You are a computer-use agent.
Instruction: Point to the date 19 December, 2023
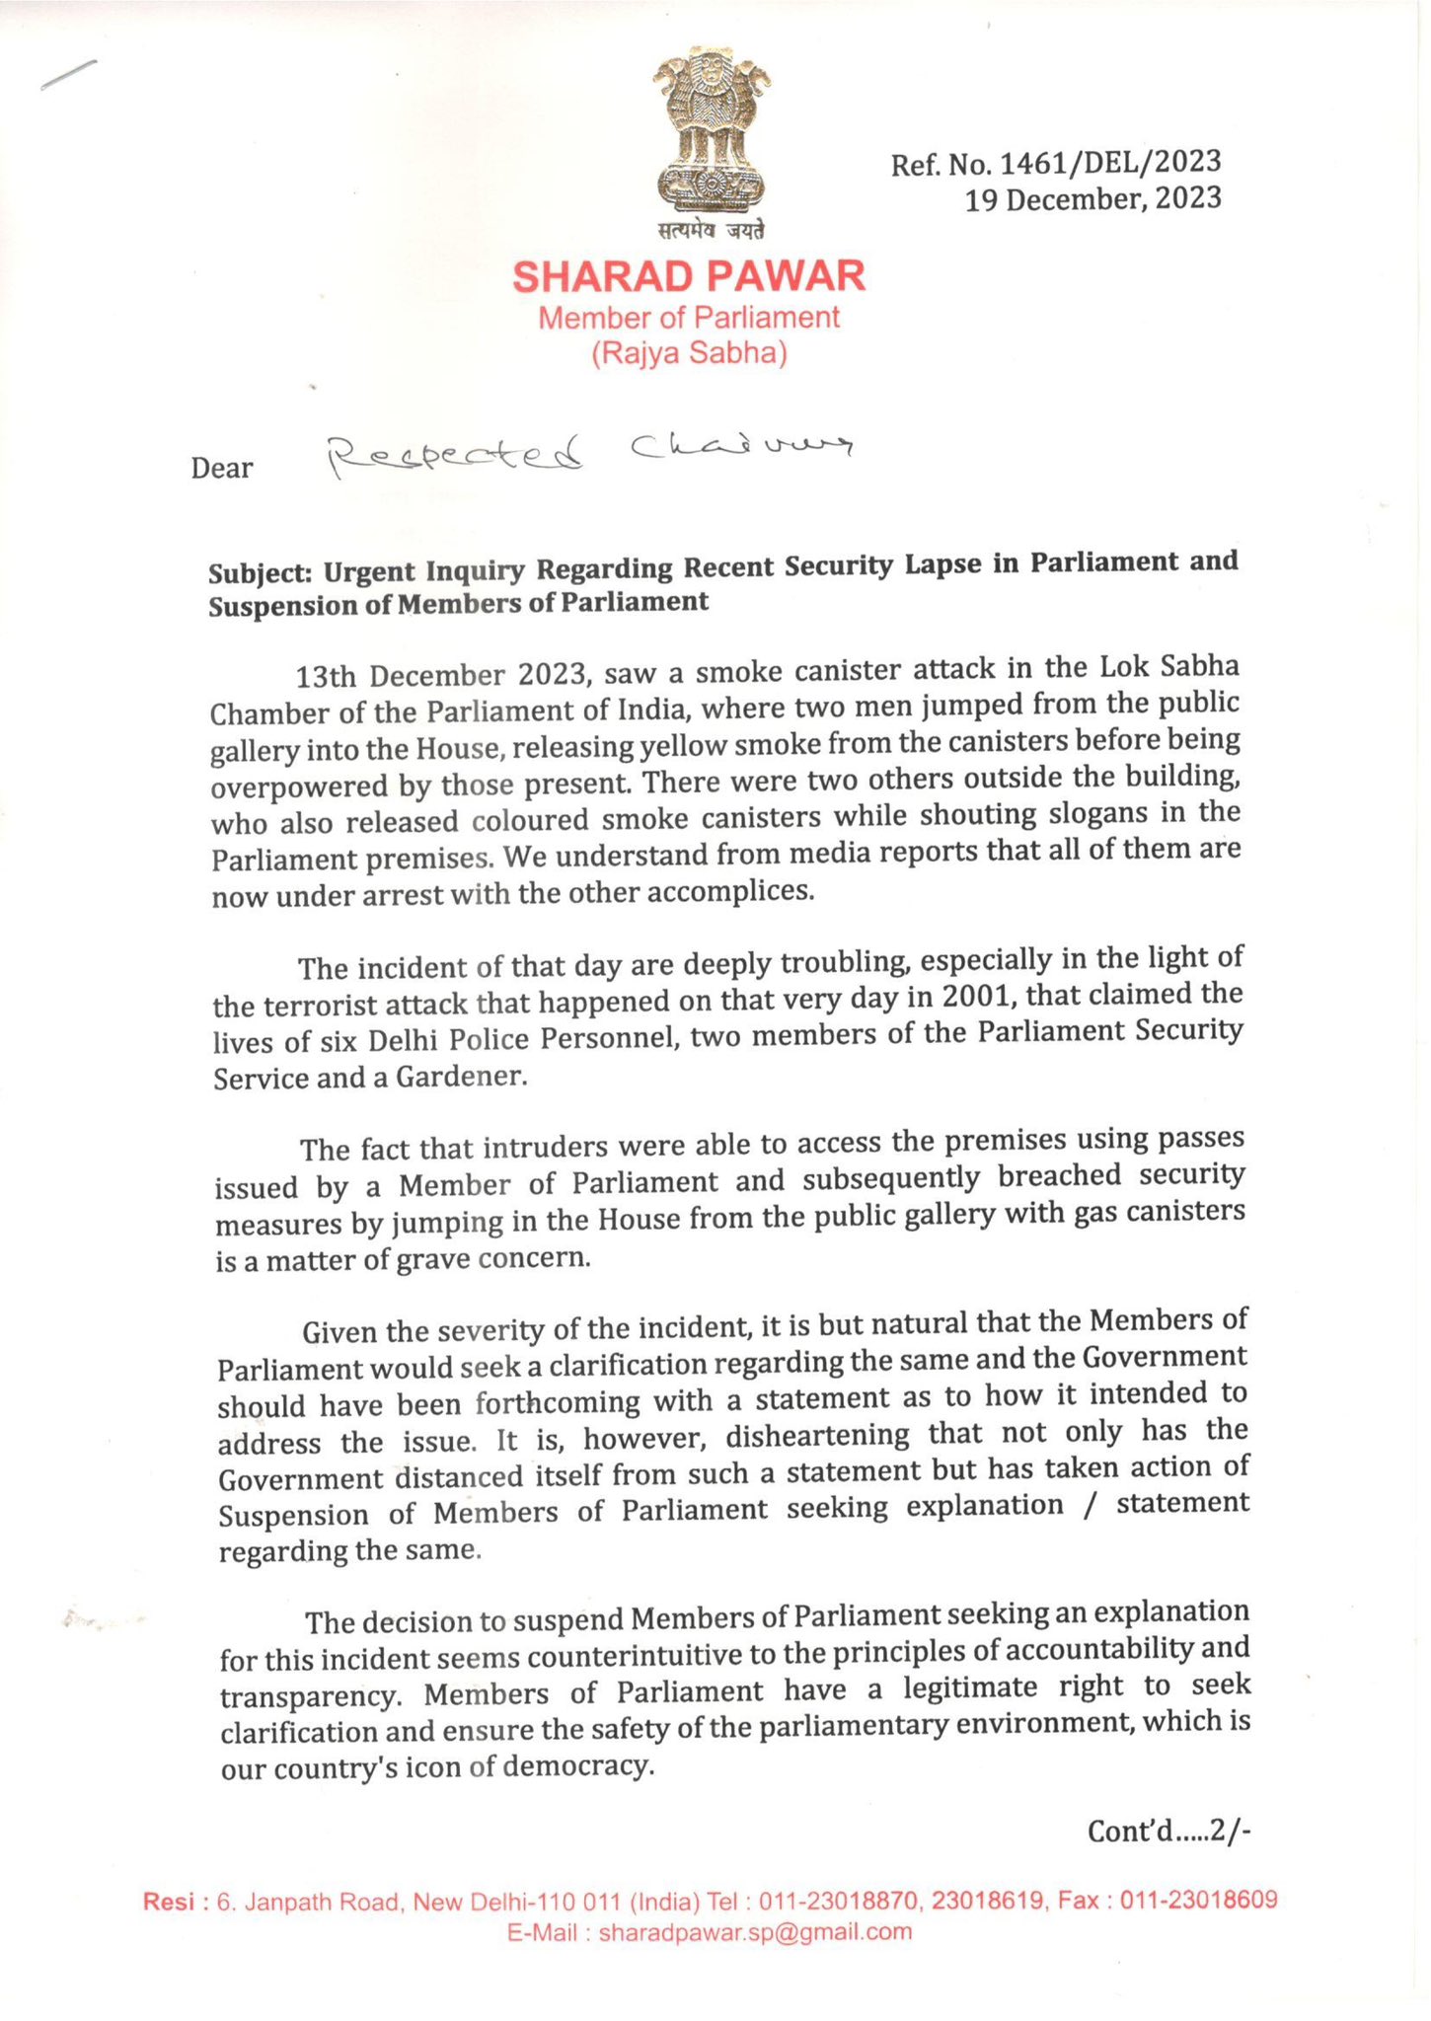pos(1092,199)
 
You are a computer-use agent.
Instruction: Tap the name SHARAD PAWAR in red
pos(689,276)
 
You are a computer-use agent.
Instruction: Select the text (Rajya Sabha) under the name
pos(689,353)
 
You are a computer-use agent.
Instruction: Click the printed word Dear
pos(221,468)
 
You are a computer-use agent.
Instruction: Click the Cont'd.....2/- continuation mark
pos(1168,1832)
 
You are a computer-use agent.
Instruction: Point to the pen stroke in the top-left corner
pos(68,75)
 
